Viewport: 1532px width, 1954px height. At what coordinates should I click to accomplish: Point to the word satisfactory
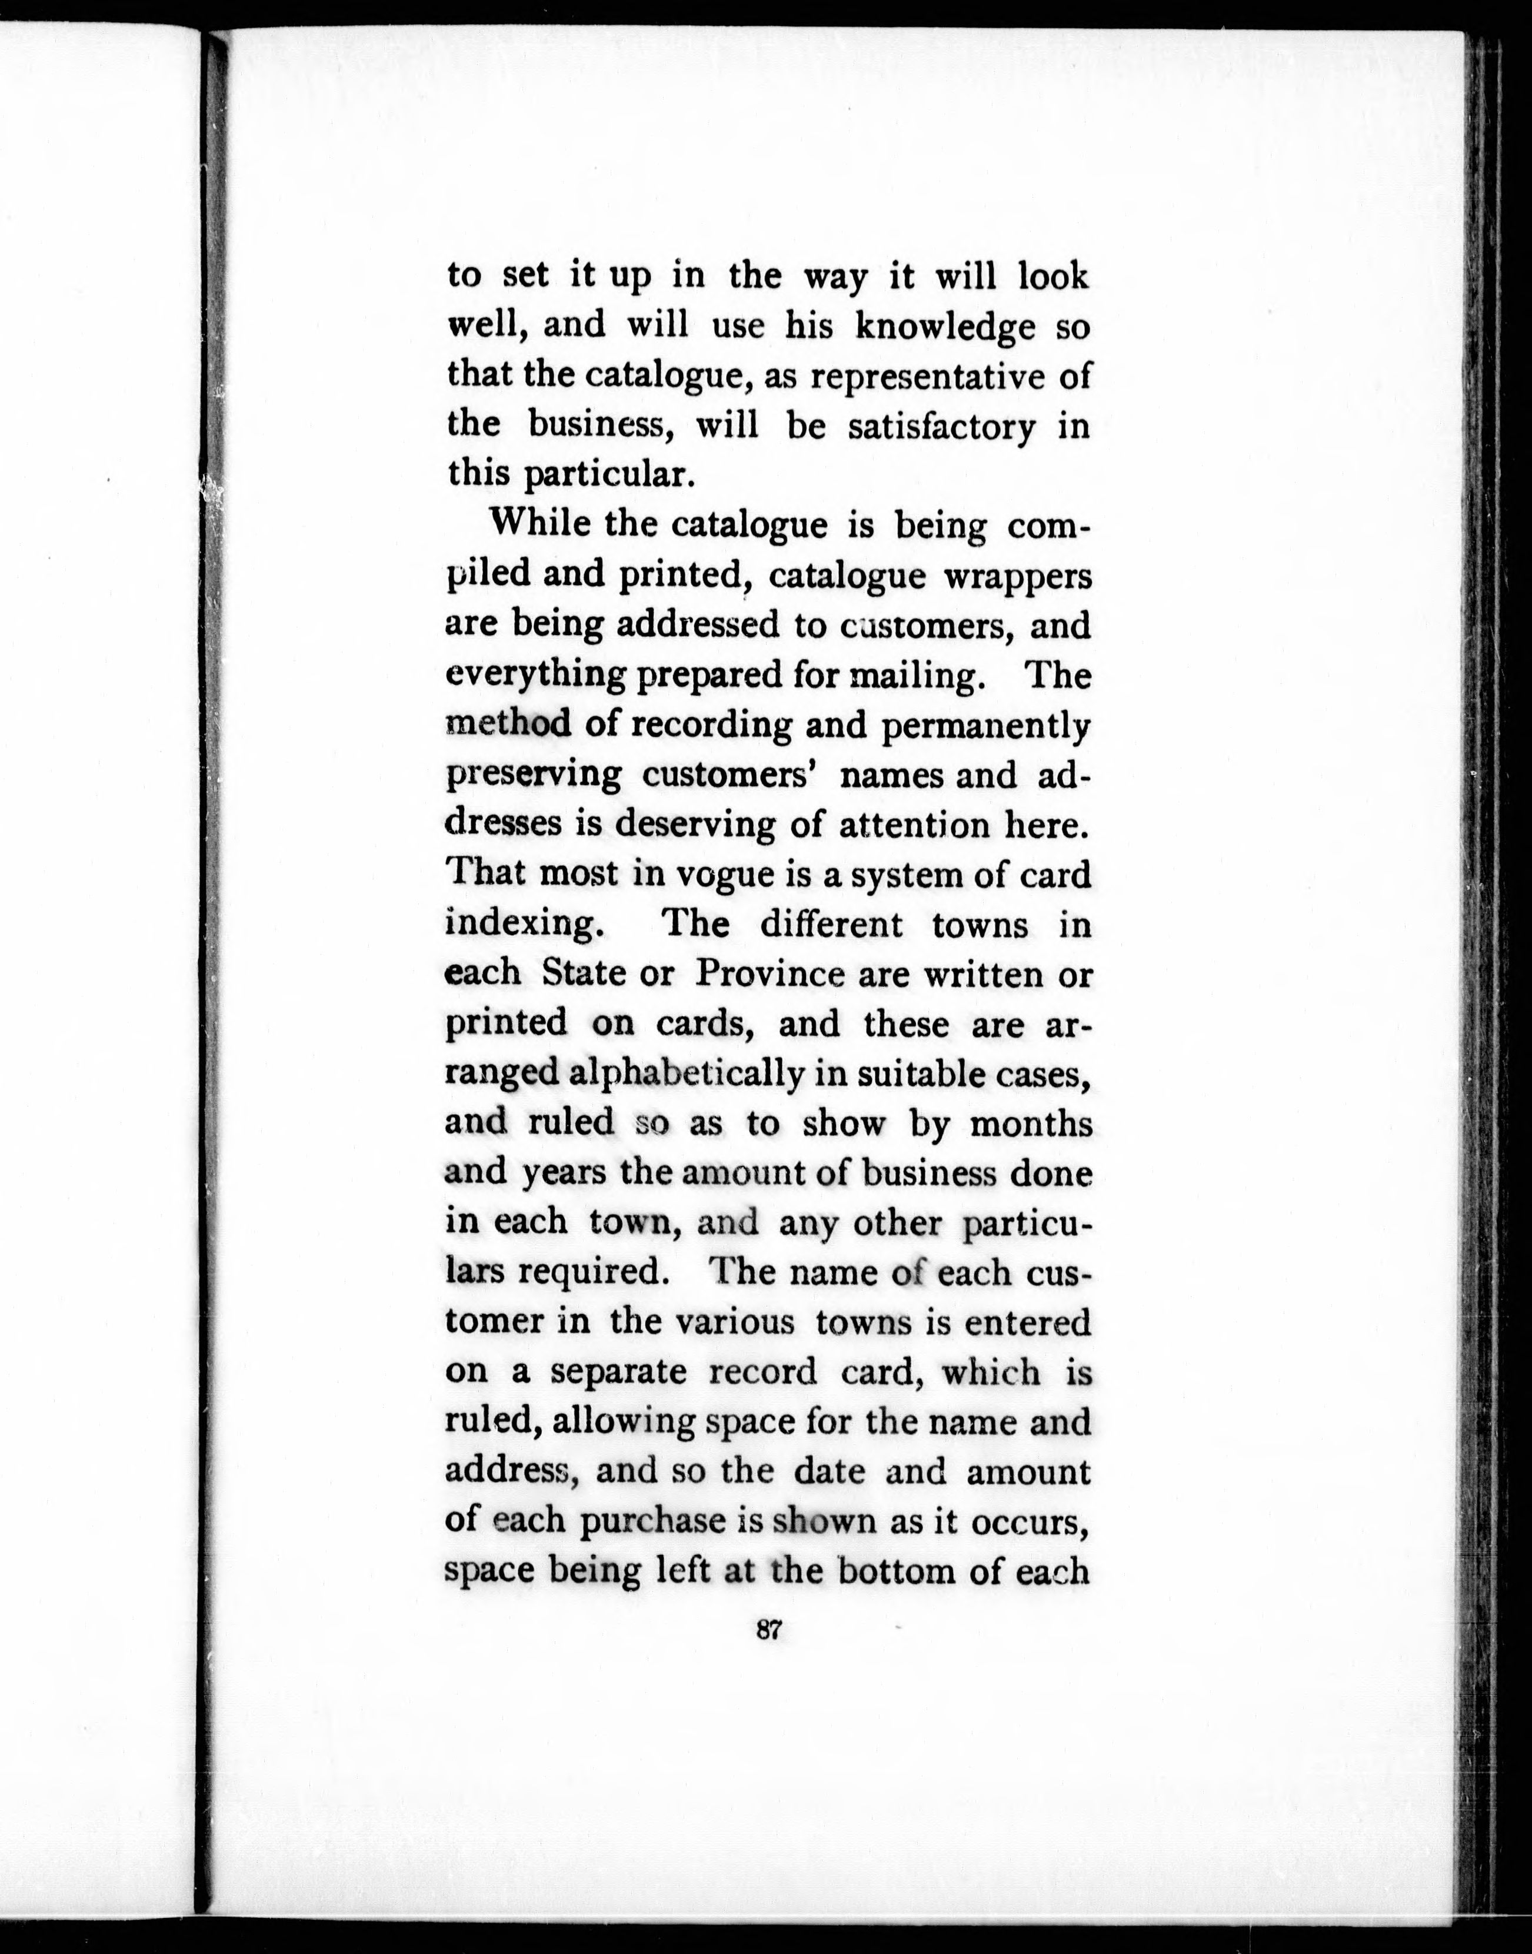tap(941, 426)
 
